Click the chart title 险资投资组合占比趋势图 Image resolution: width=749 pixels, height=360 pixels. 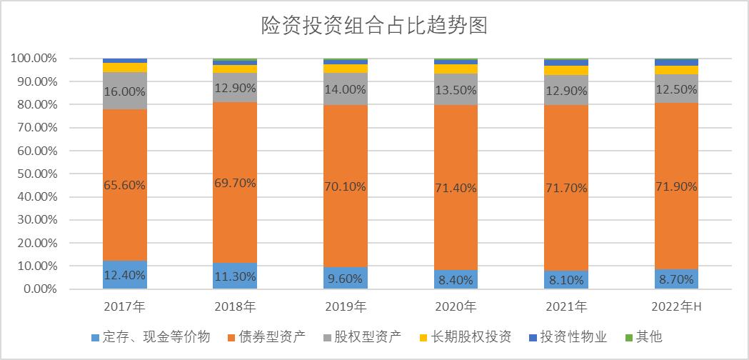pyautogui.click(x=374, y=26)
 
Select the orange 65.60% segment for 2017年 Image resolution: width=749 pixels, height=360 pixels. pyautogui.click(x=125, y=164)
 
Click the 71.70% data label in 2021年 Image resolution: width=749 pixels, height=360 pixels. pyautogui.click(x=565, y=188)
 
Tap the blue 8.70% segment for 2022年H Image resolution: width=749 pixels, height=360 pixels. pyautogui.click(x=676, y=279)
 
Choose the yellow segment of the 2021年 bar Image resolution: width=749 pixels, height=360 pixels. pyautogui.click(x=565, y=70)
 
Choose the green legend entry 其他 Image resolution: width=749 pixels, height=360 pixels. pyautogui.click(x=643, y=336)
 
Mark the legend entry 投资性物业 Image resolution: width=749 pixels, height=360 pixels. pyautogui.click(x=567, y=336)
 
